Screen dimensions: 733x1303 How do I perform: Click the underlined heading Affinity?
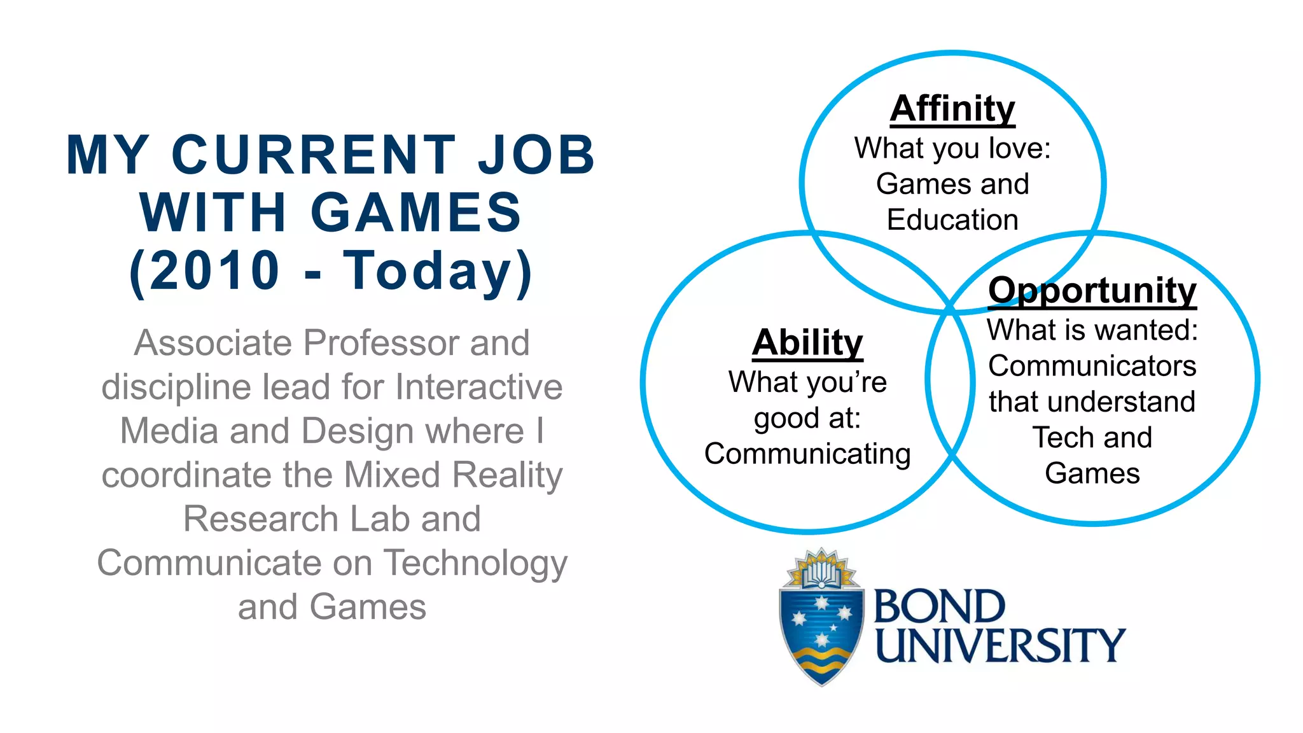pyautogui.click(x=952, y=109)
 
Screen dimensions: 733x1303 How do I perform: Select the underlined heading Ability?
pyautogui.click(x=807, y=343)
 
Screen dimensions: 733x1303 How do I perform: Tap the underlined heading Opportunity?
pyautogui.click(x=1092, y=291)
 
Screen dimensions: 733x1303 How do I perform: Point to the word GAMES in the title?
pyautogui.click(x=416, y=213)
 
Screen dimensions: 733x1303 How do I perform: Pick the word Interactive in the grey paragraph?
pyautogui.click(x=478, y=387)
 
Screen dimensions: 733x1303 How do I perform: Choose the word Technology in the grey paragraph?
pyautogui.click(x=476, y=563)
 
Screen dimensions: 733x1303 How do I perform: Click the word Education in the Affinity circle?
pyautogui.click(x=952, y=220)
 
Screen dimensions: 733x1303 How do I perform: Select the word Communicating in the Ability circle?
pyautogui.click(x=807, y=454)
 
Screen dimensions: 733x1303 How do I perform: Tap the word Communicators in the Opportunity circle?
pyautogui.click(x=1092, y=366)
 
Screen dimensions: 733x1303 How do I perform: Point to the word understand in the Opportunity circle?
pyautogui.click(x=1123, y=402)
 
